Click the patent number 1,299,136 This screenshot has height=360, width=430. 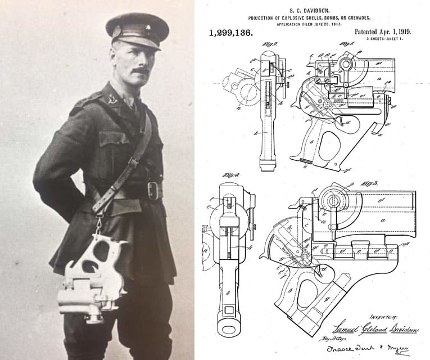pyautogui.click(x=230, y=33)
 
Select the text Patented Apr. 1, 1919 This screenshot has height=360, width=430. pyautogui.click(x=382, y=31)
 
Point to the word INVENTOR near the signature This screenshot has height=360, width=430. pyautogui.click(x=383, y=318)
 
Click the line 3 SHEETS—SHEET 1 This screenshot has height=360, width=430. pyautogui.click(x=389, y=40)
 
